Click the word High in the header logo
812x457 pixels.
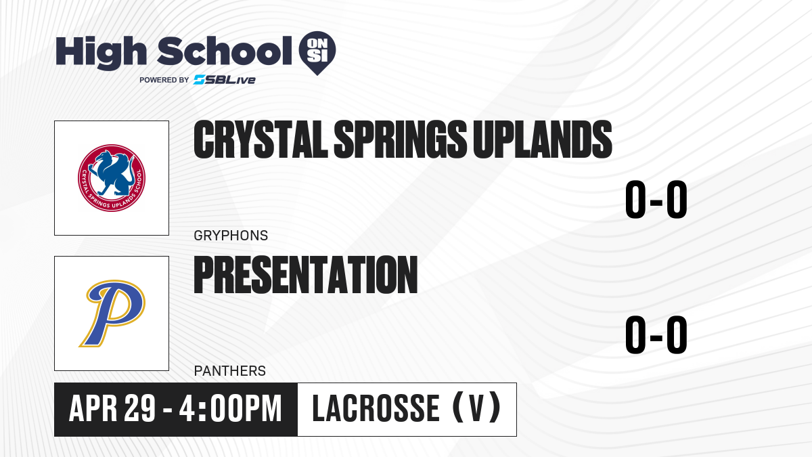coord(101,52)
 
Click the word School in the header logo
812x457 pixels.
coord(225,51)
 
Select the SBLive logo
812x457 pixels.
coord(225,80)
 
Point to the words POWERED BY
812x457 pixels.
coord(164,80)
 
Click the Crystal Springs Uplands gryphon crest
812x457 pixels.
coord(112,177)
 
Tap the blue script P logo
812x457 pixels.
coord(112,313)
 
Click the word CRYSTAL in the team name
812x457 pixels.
coord(261,139)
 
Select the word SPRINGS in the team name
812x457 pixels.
coord(400,139)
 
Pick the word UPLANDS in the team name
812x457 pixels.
coord(543,139)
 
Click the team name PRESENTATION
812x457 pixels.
coord(306,275)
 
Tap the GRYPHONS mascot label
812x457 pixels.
coord(231,236)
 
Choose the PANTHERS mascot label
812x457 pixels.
coord(230,371)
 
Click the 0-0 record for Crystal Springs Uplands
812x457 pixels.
coord(656,200)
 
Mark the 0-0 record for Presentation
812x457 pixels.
coord(656,334)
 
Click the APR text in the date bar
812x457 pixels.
coord(93,409)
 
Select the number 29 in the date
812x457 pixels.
coord(139,409)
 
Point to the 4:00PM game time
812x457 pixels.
coord(231,409)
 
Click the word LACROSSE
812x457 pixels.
coord(376,409)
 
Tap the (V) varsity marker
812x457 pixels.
coord(477,409)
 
